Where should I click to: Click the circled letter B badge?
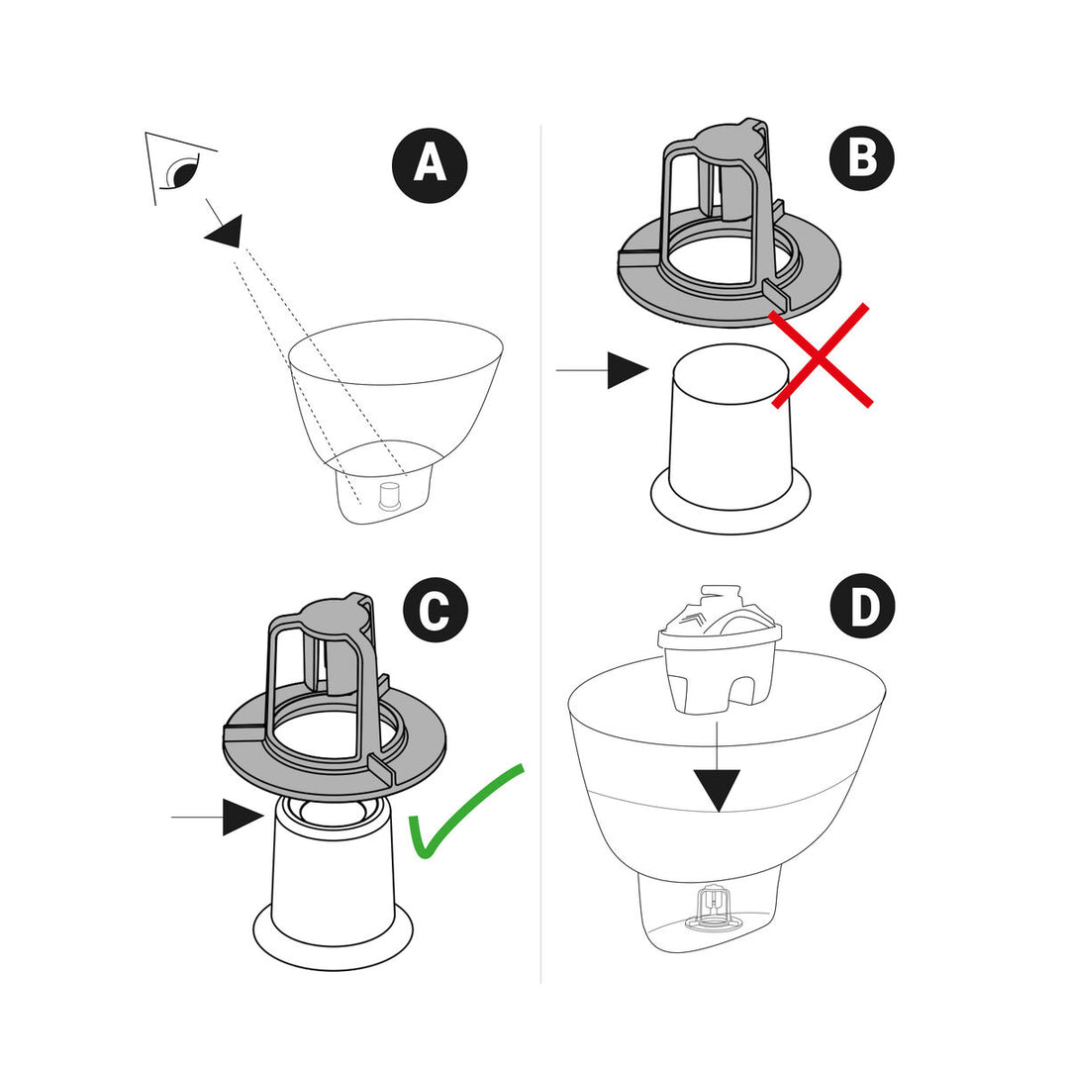pyautogui.click(x=862, y=158)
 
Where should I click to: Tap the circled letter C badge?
pyautogui.click(x=434, y=612)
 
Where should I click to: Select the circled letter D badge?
pyautogui.click(x=864, y=608)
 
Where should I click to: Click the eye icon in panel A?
pyautogui.click(x=180, y=172)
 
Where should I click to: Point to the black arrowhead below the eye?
pyautogui.click(x=225, y=231)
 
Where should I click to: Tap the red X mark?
pyautogui.click(x=822, y=355)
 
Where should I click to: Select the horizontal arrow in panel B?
pyautogui.click(x=604, y=370)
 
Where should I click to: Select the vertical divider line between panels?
pyautogui.click(x=540, y=554)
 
